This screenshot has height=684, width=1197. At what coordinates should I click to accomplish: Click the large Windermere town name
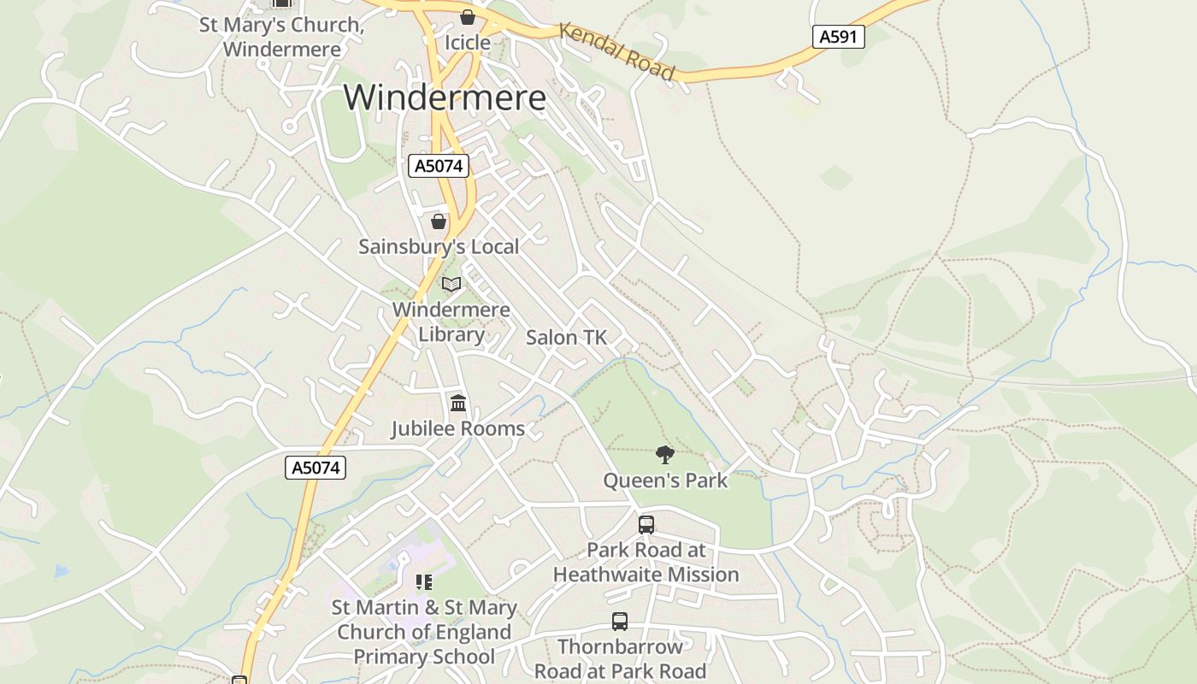[445, 97]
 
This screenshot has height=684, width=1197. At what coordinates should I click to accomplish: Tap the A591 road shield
[838, 37]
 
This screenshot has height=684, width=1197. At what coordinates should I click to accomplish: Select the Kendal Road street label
[616, 51]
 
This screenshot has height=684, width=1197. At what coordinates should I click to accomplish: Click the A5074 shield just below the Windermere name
[439, 166]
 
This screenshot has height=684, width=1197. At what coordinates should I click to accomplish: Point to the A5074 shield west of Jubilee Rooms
[315, 468]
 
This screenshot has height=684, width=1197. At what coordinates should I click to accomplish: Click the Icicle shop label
[468, 43]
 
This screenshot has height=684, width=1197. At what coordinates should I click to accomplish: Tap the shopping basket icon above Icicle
[468, 16]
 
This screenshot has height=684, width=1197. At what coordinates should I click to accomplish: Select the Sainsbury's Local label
[439, 246]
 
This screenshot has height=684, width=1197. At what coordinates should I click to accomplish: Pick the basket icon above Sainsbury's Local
[439, 221]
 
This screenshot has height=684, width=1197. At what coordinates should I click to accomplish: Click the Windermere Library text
[451, 321]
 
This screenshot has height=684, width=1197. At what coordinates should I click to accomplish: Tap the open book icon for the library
[451, 284]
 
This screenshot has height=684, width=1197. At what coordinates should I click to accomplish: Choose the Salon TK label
[566, 338]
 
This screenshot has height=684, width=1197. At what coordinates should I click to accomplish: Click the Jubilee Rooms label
[458, 428]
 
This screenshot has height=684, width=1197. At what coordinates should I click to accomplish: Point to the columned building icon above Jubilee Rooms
[458, 403]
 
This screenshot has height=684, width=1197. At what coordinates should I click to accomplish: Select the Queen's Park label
[665, 481]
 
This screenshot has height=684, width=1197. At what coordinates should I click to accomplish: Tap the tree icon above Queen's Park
[664, 454]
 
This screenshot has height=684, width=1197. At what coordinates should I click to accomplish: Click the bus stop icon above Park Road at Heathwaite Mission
[646, 524]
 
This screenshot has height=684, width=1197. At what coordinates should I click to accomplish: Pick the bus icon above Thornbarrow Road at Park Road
[620, 622]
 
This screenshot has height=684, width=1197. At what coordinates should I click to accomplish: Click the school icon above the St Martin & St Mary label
[424, 582]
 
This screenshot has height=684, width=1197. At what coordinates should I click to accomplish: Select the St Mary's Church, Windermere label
[281, 37]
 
